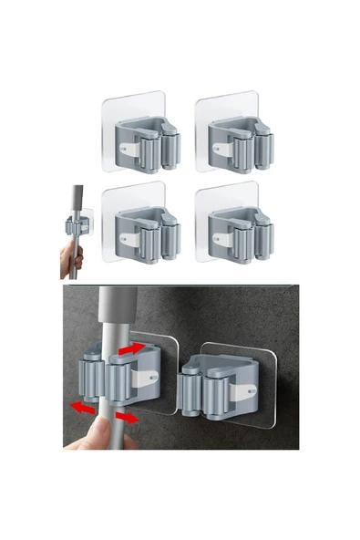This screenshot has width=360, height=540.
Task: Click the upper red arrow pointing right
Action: click(131, 348)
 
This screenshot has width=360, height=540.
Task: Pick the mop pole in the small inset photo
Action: click(77, 205)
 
